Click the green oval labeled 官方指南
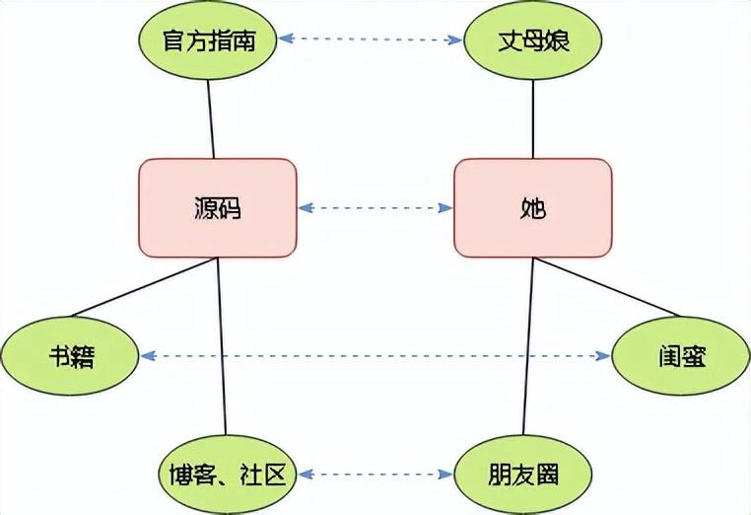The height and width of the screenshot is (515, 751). pyautogui.click(x=208, y=41)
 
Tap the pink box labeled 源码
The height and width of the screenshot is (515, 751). pyautogui.click(x=218, y=208)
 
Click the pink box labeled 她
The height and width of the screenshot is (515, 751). pyautogui.click(x=532, y=208)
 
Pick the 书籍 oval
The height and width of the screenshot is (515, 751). pyautogui.click(x=69, y=355)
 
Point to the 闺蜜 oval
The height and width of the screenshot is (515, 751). pyautogui.click(x=681, y=355)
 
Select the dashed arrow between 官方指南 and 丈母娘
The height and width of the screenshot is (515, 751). pyautogui.click(x=371, y=40)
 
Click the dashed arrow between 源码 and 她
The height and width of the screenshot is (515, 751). pyautogui.click(x=375, y=208)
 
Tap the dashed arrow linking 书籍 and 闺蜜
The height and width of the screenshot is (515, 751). pyautogui.click(x=375, y=355)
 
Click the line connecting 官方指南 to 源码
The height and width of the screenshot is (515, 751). pyautogui.click(x=211, y=118)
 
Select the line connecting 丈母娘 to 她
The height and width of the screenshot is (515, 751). pyautogui.click(x=532, y=118)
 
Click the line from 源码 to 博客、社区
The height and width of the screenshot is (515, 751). pyautogui.click(x=223, y=345)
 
